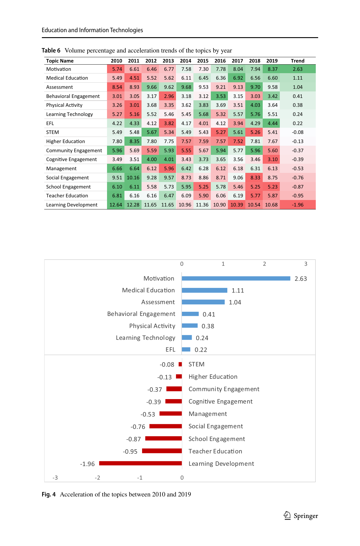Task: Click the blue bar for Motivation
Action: [236, 278]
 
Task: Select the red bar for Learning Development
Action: [140, 463]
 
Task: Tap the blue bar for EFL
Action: [186, 350]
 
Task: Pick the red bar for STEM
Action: [180, 364]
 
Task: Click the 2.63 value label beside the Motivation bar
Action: [301, 279]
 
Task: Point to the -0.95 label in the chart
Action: [130, 452]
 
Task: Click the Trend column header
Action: [297, 61]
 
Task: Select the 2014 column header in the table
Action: [185, 61]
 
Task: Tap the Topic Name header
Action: [60, 61]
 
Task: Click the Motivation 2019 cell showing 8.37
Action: [271, 69]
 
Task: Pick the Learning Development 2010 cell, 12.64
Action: [116, 205]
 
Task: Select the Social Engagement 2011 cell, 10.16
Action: [133, 178]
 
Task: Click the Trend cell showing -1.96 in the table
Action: [297, 205]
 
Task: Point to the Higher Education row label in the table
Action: [65, 141]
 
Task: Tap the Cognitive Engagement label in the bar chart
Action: [221, 401]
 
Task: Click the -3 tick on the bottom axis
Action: [55, 478]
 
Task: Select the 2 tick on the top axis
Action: [264, 264]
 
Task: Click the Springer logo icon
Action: [287, 515]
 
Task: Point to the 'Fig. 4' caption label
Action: [49, 494]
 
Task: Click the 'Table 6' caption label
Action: [51, 50]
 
